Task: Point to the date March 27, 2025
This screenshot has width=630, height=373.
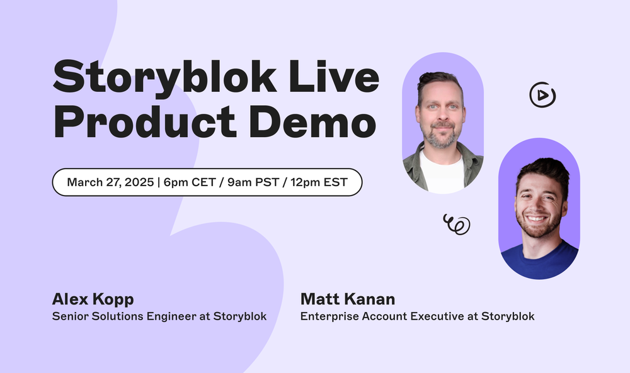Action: [110, 182]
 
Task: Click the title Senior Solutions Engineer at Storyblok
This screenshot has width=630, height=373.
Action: [159, 316]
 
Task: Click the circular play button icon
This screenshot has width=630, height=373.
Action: [542, 96]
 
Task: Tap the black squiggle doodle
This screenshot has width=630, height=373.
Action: [457, 223]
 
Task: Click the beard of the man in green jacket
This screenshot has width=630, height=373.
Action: [442, 136]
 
